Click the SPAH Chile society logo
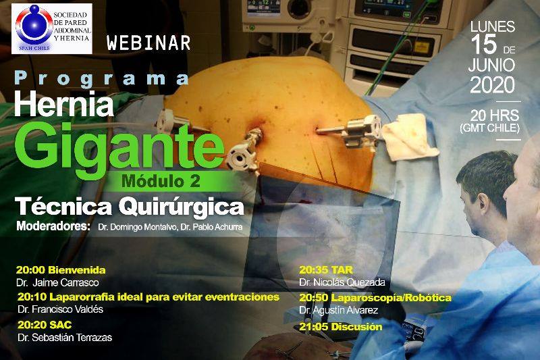(52, 28)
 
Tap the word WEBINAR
(148, 43)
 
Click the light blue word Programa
(102, 79)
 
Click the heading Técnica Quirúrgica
(130, 207)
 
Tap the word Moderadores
(53, 226)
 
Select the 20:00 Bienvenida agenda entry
(61, 270)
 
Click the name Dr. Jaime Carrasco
(57, 283)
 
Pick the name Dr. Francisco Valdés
(60, 309)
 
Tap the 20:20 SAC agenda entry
(45, 325)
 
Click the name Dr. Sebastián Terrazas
(65, 337)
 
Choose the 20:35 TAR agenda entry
(325, 269)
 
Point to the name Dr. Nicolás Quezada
(342, 282)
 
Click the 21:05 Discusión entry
(341, 327)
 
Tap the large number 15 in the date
(484, 45)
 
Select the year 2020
(492, 84)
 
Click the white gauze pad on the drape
(409, 136)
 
